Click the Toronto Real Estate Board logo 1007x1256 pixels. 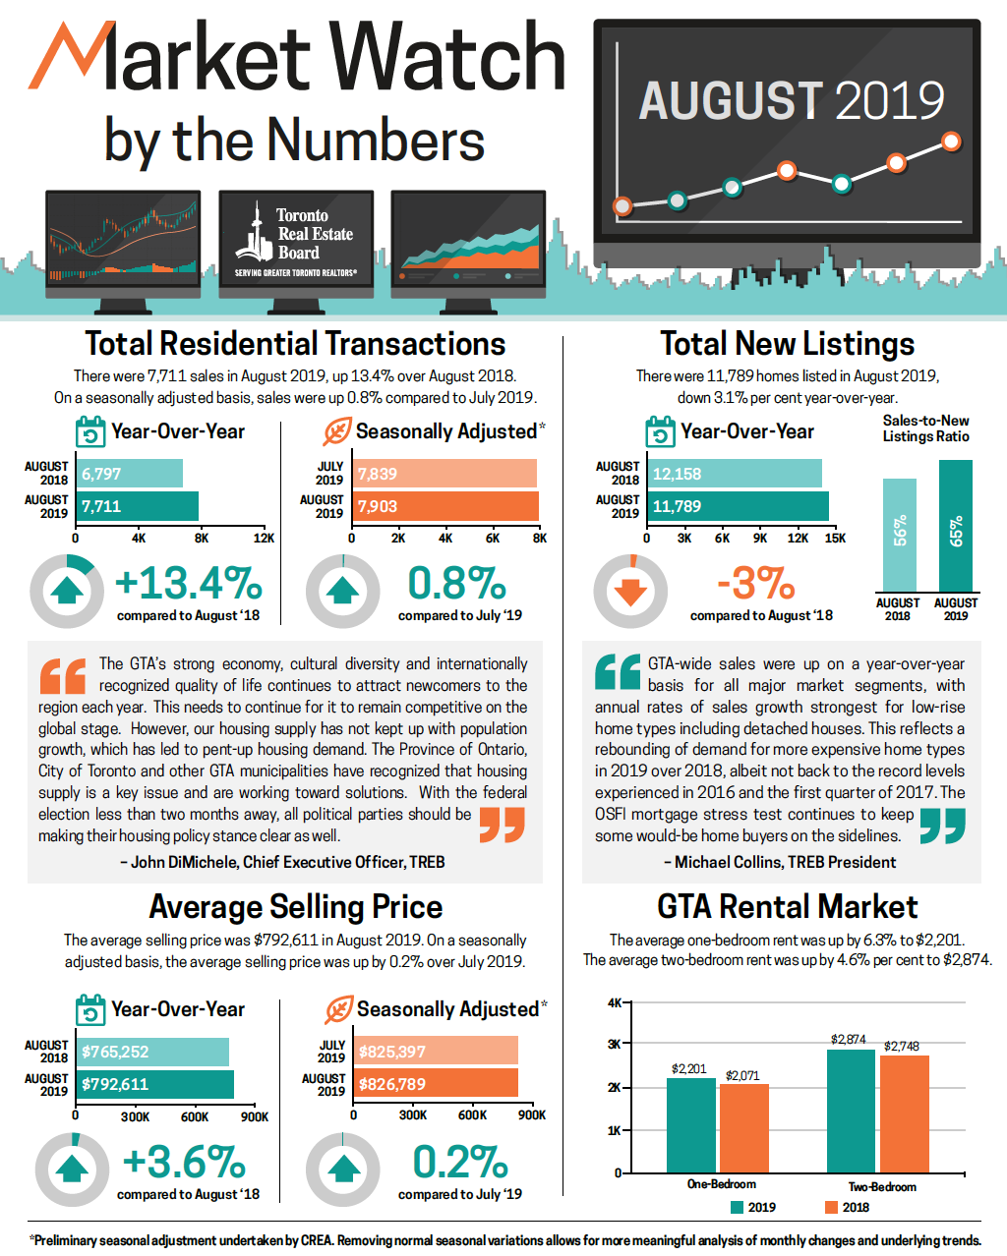[295, 243]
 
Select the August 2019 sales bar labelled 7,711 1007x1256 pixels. [137, 506]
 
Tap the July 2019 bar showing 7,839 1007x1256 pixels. [444, 474]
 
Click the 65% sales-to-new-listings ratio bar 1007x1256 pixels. [956, 526]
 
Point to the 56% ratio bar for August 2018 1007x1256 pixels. [899, 535]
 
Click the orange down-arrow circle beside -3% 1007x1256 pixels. [630, 592]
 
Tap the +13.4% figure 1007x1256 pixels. [189, 584]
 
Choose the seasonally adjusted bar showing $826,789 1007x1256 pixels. [436, 1083]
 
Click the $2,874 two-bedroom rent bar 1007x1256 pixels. [851, 1111]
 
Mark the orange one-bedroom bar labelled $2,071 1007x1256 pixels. [744, 1128]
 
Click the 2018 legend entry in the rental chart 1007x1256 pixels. [847, 1207]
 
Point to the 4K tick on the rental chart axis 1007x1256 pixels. [615, 1003]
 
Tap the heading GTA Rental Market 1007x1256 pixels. [787, 906]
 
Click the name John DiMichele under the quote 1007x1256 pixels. [184, 862]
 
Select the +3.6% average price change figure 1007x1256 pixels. [184, 1163]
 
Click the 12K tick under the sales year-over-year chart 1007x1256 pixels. [264, 539]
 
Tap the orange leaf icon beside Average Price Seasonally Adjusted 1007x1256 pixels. [338, 1009]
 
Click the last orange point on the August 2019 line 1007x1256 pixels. [951, 142]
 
